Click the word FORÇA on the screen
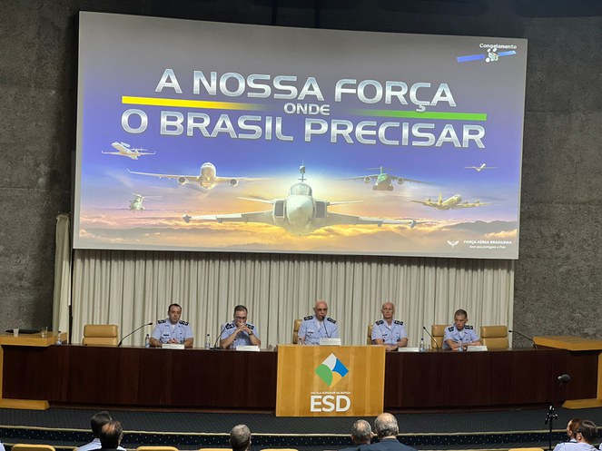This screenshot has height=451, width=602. pyautogui.click(x=394, y=92)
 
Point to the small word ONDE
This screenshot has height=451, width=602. pyautogui.click(x=306, y=109)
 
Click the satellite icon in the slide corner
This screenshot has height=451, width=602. pyautogui.click(x=490, y=55)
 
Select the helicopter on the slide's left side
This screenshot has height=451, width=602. pyautogui.click(x=136, y=202)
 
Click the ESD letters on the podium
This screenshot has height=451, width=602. pyautogui.click(x=330, y=402)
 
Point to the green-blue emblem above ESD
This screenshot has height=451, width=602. pyautogui.click(x=331, y=368)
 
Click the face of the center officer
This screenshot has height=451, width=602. pyautogui.click(x=321, y=311)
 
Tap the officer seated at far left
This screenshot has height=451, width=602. pyautogui.click(x=173, y=327)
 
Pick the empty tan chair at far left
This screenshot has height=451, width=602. pyautogui.click(x=100, y=334)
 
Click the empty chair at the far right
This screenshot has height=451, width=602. pyautogui.click(x=495, y=336)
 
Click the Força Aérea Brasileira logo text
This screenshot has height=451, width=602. pyautogui.click(x=489, y=242)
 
